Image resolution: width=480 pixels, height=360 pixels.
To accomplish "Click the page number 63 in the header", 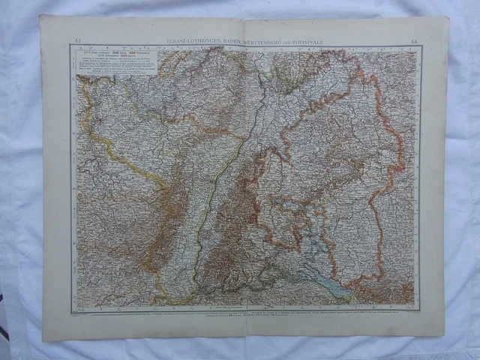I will (77, 40).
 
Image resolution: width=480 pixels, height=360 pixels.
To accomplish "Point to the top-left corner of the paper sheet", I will (40, 16).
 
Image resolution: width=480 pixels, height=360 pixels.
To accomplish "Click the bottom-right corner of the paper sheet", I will (444, 334).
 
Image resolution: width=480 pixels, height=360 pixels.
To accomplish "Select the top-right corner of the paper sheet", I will (448, 16).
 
